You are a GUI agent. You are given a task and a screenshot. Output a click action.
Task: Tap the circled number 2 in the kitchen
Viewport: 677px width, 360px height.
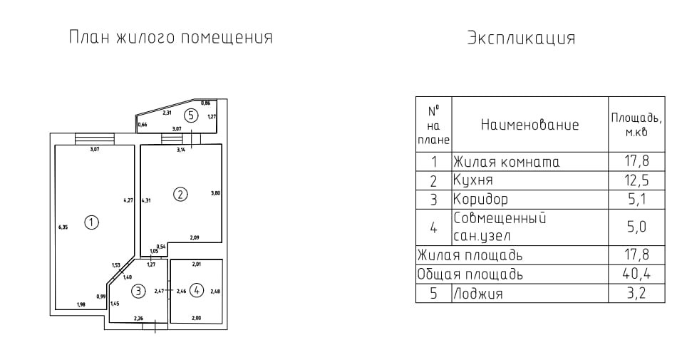[181, 193]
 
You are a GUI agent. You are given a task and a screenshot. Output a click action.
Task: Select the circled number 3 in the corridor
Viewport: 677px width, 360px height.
[138, 290]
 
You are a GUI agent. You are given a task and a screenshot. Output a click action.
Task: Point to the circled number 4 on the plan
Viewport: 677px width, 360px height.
[197, 290]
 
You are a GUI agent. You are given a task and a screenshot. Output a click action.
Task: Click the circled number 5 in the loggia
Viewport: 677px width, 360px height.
[190, 114]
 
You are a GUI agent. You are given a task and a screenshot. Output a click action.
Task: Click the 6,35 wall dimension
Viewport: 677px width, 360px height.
[63, 228]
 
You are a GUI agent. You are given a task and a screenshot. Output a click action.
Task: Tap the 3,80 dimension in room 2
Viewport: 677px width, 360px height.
[215, 193]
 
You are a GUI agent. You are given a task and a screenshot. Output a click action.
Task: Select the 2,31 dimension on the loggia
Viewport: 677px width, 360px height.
[167, 113]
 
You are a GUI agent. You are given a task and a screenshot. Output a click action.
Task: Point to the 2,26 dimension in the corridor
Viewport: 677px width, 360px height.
[138, 318]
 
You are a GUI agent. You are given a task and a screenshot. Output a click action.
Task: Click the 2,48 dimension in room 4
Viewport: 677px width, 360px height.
[216, 290]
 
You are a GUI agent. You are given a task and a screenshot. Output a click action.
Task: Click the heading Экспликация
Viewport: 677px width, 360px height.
[521, 38]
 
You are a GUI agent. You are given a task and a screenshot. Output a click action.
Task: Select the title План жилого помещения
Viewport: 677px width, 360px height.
[170, 37]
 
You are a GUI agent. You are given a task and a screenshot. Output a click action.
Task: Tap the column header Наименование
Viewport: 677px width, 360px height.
[529, 125]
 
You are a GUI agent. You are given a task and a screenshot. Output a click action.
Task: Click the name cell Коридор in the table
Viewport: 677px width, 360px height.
[481, 199]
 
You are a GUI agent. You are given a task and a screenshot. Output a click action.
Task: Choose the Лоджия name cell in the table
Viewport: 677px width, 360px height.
[477, 293]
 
